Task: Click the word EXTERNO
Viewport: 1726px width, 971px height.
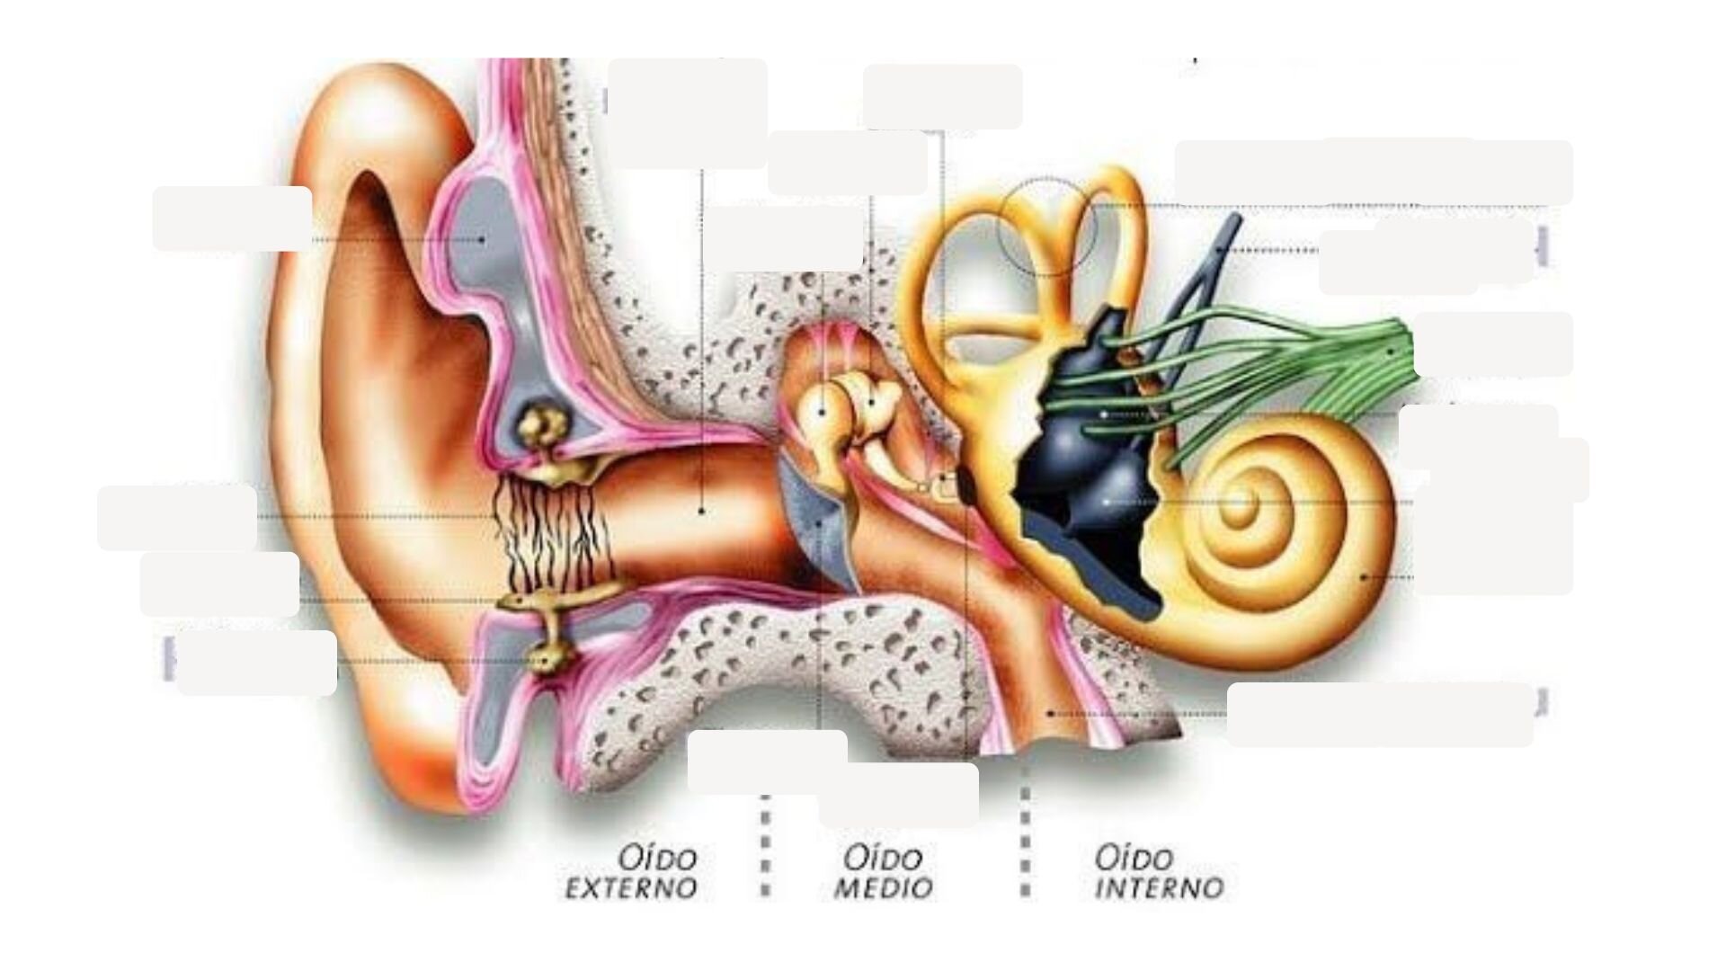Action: click(x=631, y=889)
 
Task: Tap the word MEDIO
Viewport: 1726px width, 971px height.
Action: click(x=884, y=889)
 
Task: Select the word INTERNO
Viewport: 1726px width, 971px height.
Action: click(x=1160, y=889)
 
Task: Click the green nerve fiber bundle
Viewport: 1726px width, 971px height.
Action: click(x=1259, y=378)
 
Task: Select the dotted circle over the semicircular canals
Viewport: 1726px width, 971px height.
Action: click(x=1048, y=226)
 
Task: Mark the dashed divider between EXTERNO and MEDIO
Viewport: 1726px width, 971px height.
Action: click(x=765, y=845)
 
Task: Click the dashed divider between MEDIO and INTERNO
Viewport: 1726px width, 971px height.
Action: click(x=1026, y=841)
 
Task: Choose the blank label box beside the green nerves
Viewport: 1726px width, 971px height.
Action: click(x=1492, y=344)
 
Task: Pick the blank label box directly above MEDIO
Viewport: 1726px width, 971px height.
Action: click(x=899, y=795)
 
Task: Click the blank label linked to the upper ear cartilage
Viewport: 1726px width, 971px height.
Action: click(x=232, y=218)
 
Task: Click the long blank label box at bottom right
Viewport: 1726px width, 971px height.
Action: click(x=1380, y=715)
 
